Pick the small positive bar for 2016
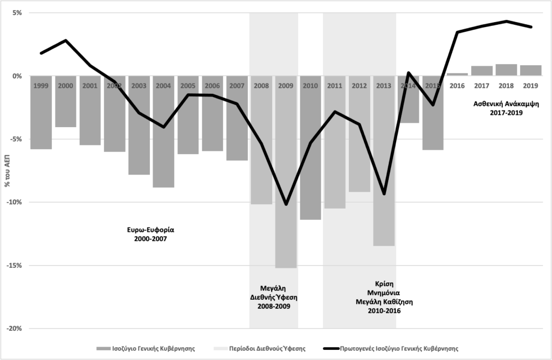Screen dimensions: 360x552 click(x=457, y=74)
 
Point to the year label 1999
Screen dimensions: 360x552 click(x=41, y=85)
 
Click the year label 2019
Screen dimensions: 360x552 click(x=530, y=85)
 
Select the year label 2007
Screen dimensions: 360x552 click(x=237, y=85)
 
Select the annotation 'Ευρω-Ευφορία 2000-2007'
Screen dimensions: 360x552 click(x=147, y=233)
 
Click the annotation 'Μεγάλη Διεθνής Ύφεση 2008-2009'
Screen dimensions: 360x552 click(x=274, y=297)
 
